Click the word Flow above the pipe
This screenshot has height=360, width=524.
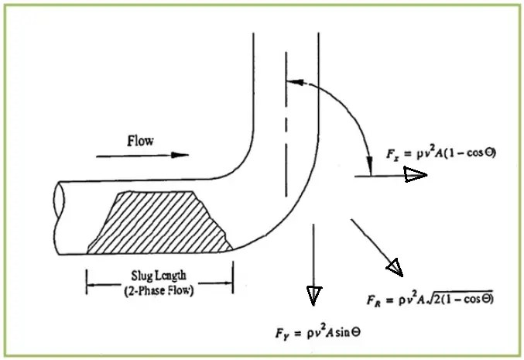140,141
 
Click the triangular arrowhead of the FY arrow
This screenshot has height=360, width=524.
313,295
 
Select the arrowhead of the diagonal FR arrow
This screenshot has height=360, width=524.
395,267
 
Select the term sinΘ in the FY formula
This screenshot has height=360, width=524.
349,331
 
